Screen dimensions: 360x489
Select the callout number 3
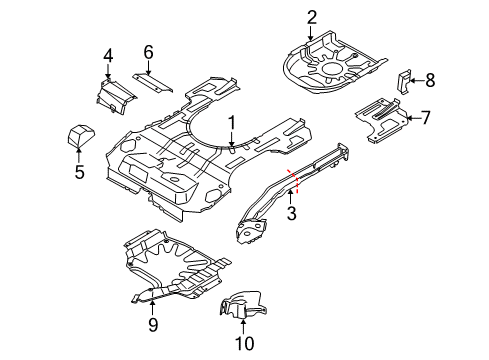click(x=291, y=213)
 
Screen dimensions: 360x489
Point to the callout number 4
click(x=109, y=55)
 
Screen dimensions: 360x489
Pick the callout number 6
click(x=148, y=51)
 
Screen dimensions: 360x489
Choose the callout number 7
click(x=425, y=118)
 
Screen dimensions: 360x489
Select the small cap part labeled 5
click(x=79, y=134)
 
